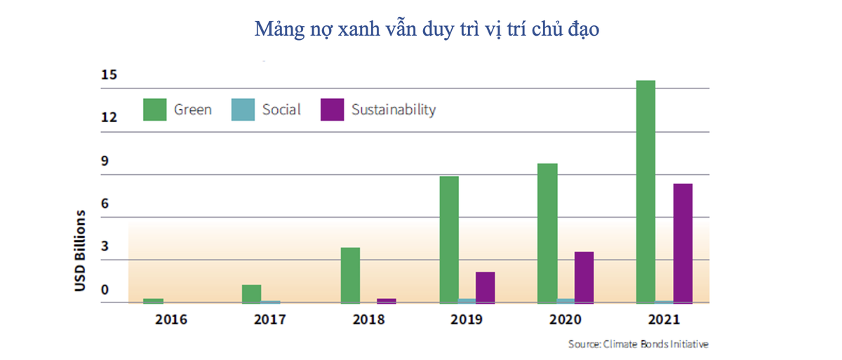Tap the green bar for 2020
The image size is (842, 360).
pos(547,233)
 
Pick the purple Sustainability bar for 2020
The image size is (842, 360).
pos(584,277)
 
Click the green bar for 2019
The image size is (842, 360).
pos(449,239)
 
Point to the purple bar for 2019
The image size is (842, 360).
pos(485,287)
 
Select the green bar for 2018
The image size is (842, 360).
pos(350,275)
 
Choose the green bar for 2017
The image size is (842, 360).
pos(251,293)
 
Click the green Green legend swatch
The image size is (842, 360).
pos(155,109)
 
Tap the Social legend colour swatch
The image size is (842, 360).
pos(243,109)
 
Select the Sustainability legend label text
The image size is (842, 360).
pos(394,109)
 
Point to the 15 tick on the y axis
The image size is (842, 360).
pos(108,75)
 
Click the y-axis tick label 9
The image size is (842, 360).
pos(105,161)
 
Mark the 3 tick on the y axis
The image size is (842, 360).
pos(105,247)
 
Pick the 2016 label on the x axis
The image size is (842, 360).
pos(171,320)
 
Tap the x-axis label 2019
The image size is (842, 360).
pos(467,320)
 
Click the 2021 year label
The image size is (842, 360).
pos(663,320)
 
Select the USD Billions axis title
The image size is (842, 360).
pos(81,251)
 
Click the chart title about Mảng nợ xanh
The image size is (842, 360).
pos(427,30)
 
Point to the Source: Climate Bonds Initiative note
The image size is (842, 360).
pos(639,345)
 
